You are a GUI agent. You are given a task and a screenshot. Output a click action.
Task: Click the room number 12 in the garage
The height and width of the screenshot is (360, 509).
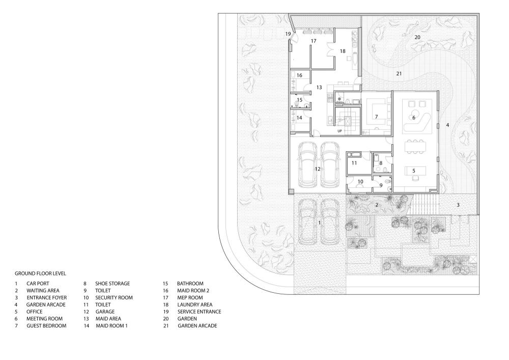pyautogui.click(x=318, y=169)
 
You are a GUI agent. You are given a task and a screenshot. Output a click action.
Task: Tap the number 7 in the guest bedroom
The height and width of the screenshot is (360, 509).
pyautogui.click(x=377, y=117)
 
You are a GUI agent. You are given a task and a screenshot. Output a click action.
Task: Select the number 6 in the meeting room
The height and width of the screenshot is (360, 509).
pyautogui.click(x=414, y=118)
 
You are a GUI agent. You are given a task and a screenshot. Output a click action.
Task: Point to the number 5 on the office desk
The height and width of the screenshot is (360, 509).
pyautogui.click(x=414, y=171)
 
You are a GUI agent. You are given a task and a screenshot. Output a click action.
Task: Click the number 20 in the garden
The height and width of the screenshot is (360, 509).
pyautogui.click(x=417, y=37)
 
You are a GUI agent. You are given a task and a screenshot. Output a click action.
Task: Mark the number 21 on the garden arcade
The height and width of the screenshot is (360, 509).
pyautogui.click(x=399, y=74)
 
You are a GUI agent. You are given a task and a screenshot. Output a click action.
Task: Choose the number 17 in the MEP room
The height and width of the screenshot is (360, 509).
pyautogui.click(x=313, y=41)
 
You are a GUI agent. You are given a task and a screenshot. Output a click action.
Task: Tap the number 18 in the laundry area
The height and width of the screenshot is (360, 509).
pyautogui.click(x=343, y=51)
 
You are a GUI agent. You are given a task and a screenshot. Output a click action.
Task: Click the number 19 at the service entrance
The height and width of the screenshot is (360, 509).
pyautogui.click(x=288, y=34)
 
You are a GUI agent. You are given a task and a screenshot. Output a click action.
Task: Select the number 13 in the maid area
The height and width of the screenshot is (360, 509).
pyautogui.click(x=319, y=87)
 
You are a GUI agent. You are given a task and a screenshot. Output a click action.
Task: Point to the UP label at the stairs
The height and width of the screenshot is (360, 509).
pyautogui.click(x=340, y=131)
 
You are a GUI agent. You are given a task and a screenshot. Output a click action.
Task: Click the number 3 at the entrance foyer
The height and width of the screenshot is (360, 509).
pyautogui.click(x=458, y=205)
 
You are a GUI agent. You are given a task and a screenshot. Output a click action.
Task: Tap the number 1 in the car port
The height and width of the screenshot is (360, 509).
pyautogui.click(x=320, y=223)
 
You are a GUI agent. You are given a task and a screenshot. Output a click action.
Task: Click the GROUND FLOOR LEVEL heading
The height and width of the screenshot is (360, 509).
pyautogui.click(x=40, y=273)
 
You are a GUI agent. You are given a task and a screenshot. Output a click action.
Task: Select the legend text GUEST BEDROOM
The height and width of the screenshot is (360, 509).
pyautogui.click(x=46, y=325)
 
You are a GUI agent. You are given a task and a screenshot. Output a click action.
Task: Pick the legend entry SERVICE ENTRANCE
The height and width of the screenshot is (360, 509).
pyautogui.click(x=200, y=312)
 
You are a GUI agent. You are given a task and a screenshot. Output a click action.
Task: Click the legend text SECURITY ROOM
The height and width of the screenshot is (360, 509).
pyautogui.click(x=114, y=298)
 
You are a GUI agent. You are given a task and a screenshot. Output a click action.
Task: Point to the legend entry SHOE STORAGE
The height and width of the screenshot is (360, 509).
pyautogui.click(x=112, y=284)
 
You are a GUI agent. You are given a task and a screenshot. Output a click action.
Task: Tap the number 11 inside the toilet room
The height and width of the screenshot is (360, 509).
pyautogui.click(x=354, y=163)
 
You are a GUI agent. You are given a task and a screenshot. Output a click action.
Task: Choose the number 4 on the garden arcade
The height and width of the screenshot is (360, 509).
pyautogui.click(x=447, y=125)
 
